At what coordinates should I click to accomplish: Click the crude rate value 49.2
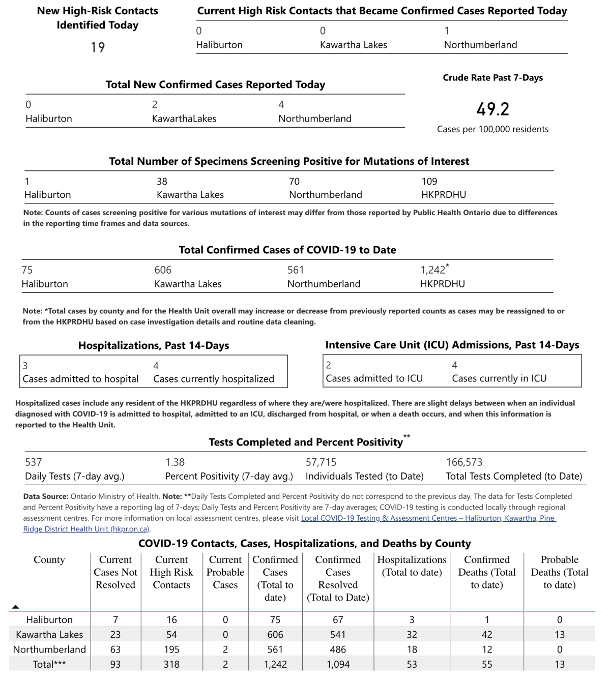pyautogui.click(x=492, y=109)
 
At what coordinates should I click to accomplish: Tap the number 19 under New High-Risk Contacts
pyautogui.click(x=98, y=48)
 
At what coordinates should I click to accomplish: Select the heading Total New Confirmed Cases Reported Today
pyautogui.click(x=215, y=84)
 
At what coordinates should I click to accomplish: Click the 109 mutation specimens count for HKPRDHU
pyautogui.click(x=429, y=182)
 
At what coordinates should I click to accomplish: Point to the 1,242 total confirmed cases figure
pyautogui.click(x=433, y=270)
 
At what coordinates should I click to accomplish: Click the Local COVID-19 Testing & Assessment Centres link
pyautogui.click(x=428, y=518)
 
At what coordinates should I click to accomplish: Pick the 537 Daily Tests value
pyautogui.click(x=34, y=462)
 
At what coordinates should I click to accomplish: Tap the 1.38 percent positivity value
pyautogui.click(x=175, y=462)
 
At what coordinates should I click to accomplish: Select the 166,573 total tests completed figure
pyautogui.click(x=464, y=462)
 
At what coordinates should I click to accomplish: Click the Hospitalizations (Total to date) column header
pyautogui.click(x=412, y=566)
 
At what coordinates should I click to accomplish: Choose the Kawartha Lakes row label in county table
pyautogui.click(x=49, y=635)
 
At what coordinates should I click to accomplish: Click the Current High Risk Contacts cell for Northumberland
pyautogui.click(x=171, y=649)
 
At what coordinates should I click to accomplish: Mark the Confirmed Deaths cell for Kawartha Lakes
pyautogui.click(x=487, y=635)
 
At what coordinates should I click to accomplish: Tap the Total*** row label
pyautogui.click(x=49, y=664)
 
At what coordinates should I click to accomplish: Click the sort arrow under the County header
pyautogui.click(x=15, y=607)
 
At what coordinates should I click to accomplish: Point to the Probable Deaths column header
pyautogui.click(x=559, y=572)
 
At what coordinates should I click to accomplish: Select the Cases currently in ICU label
pyautogui.click(x=499, y=378)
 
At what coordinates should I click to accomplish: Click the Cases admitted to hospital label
pyautogui.click(x=80, y=379)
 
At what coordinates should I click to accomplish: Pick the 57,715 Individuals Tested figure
pyautogui.click(x=321, y=462)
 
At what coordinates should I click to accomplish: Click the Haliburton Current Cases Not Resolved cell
pyautogui.click(x=115, y=620)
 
